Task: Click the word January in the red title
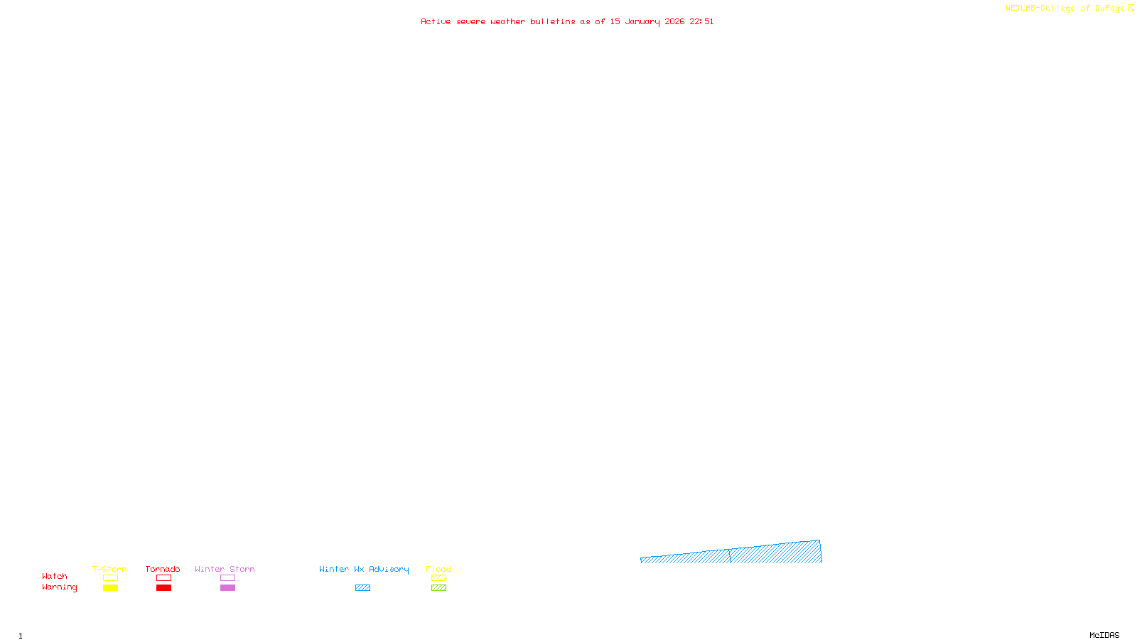click(x=642, y=21)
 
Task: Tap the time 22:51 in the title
click(x=701, y=21)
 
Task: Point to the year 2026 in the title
click(x=674, y=21)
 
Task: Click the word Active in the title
click(x=436, y=21)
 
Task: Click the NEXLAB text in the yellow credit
click(x=1020, y=9)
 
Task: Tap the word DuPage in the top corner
click(x=1110, y=9)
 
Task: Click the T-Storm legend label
click(x=109, y=569)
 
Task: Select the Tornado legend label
click(x=163, y=569)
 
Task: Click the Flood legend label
click(x=438, y=569)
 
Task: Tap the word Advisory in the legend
click(x=389, y=569)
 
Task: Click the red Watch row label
click(x=55, y=576)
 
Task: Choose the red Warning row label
click(x=59, y=587)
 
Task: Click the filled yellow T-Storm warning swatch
click(x=110, y=588)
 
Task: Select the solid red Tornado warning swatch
click(x=163, y=588)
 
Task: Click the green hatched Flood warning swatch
click(x=438, y=588)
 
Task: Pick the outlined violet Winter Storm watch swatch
click(x=227, y=578)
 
